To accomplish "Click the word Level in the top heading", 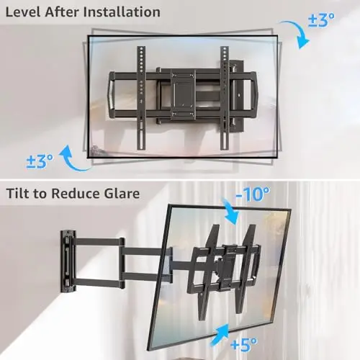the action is coord(23,12).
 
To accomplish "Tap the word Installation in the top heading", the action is coord(122,12).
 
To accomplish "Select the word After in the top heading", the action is coord(62,12).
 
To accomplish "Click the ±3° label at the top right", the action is coord(321,19).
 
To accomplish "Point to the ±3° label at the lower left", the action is coord(40,161).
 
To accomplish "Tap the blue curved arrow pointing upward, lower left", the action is coord(72,161).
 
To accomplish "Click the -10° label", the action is coord(253,194).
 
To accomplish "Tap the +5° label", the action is coord(243,344).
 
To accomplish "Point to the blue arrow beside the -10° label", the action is coord(231,212).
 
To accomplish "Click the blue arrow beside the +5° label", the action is coord(220,333).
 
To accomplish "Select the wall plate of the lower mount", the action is coord(68,261).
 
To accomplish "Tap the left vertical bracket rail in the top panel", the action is coord(141,98).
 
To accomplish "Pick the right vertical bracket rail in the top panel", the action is coord(225,98).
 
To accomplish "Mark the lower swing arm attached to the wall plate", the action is coord(99,283).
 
